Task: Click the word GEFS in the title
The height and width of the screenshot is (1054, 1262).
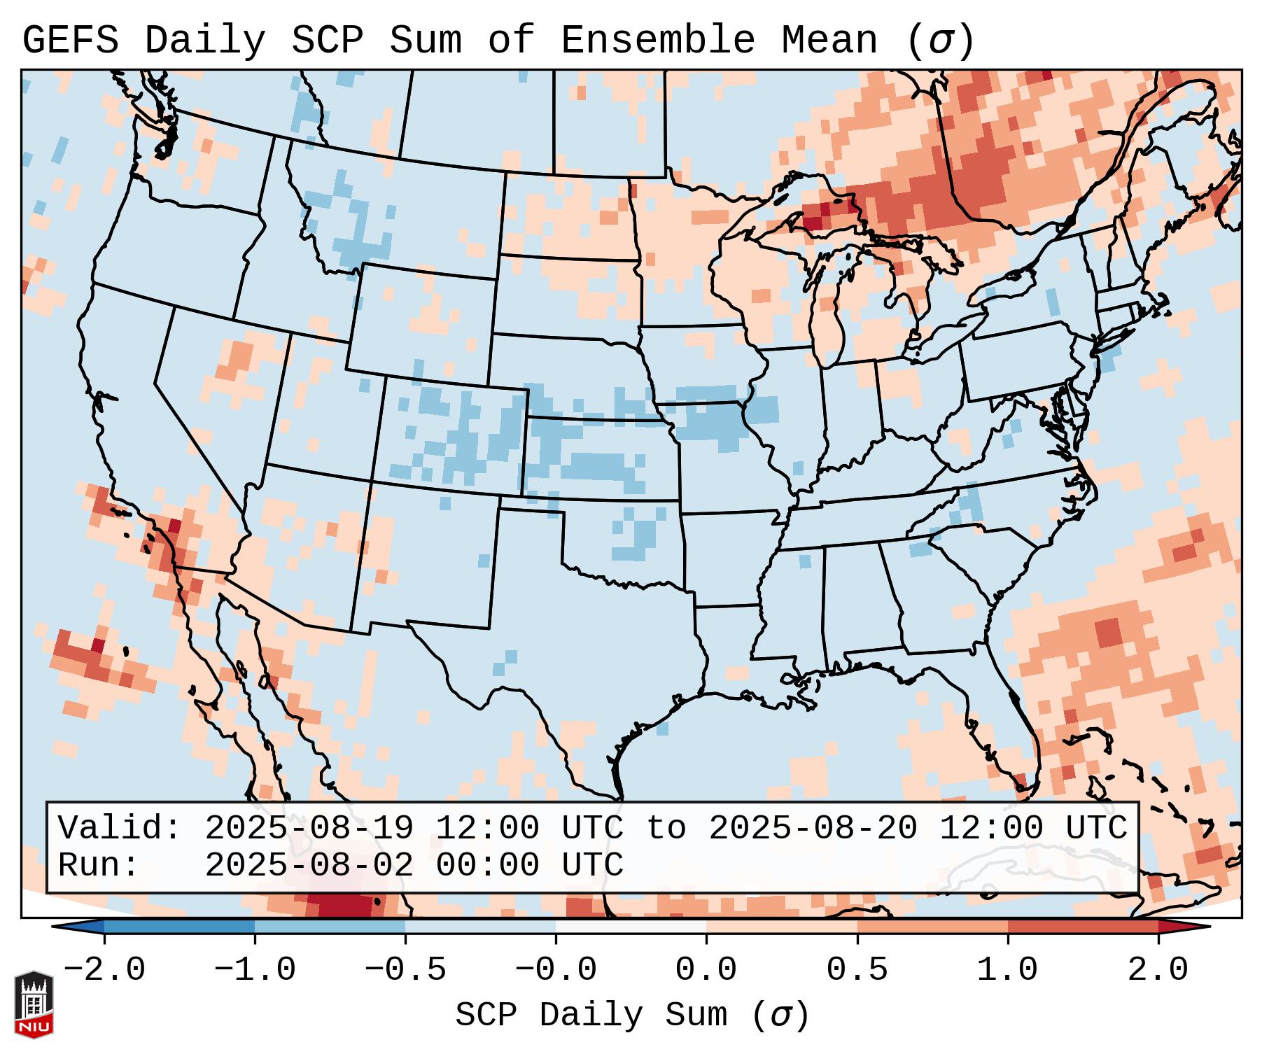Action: coord(70,41)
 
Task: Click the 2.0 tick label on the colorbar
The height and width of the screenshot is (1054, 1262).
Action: coord(1158,970)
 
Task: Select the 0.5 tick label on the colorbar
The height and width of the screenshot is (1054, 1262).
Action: coord(857,970)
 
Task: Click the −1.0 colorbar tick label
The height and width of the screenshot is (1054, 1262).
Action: coord(254,970)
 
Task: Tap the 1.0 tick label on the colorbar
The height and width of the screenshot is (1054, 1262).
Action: coord(1007,970)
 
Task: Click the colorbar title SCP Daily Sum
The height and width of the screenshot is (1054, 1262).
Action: coord(598,1015)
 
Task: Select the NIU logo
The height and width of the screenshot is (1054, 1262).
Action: coord(34,1004)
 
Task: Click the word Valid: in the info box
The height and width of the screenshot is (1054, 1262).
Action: coord(119,828)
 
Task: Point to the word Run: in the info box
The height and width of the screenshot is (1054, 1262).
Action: coord(98,865)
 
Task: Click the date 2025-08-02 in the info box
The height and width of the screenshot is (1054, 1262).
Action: coord(309,865)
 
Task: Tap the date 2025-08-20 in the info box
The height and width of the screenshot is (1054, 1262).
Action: coord(813,828)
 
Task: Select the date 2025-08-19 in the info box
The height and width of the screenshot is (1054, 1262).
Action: coord(309,828)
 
